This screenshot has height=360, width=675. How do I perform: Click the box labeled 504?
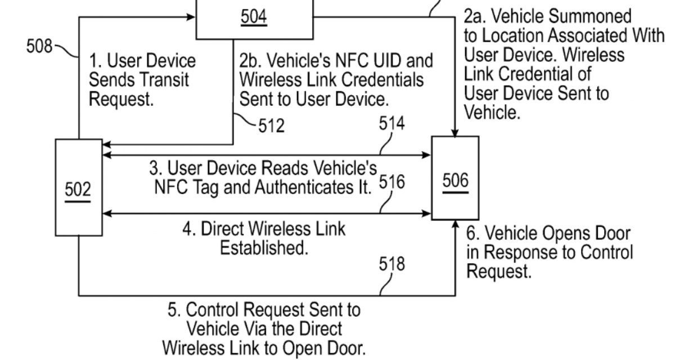(x=254, y=19)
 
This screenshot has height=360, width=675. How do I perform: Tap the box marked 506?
(x=455, y=180)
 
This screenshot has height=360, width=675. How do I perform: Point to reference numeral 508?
(x=39, y=46)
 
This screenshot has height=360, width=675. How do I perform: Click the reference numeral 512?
(x=272, y=125)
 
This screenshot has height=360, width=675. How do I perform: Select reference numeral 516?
(x=392, y=182)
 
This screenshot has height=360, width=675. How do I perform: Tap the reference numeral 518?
(x=391, y=264)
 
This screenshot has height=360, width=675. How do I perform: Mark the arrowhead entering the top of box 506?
(x=454, y=132)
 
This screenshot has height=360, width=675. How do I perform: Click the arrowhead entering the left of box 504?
(x=191, y=17)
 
